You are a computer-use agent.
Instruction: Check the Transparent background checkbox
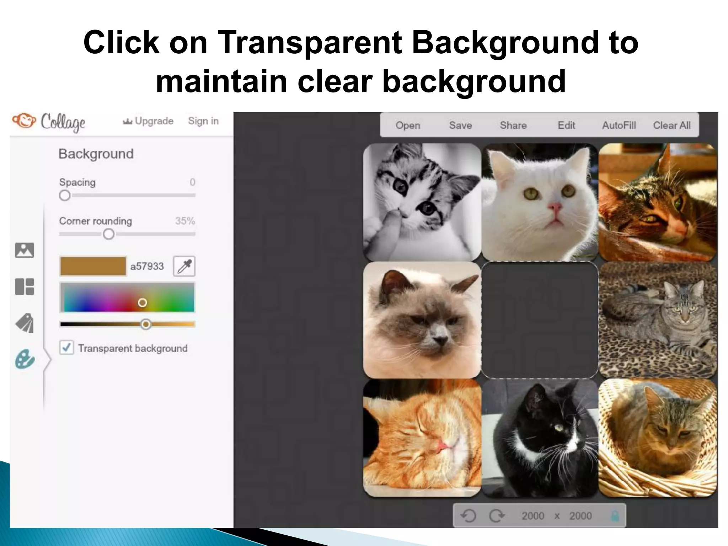tap(67, 348)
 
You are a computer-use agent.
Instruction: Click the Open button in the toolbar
tap(408, 125)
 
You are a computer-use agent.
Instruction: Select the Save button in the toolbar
tap(460, 125)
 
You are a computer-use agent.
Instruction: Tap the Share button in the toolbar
tap(513, 125)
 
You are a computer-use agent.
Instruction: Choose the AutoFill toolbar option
tap(619, 125)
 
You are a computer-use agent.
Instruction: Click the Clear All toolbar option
tap(671, 125)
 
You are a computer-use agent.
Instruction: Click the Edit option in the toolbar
tap(566, 125)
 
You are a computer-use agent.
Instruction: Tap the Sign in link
tap(203, 121)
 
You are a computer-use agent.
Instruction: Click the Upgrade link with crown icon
tap(148, 121)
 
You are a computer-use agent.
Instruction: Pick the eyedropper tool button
tap(184, 266)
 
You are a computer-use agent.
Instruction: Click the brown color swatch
tap(93, 266)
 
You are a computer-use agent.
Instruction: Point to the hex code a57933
tap(147, 266)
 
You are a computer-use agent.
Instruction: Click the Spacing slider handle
tap(65, 195)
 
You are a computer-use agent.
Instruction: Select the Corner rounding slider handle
tap(108, 234)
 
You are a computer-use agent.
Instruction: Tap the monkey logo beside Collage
tap(24, 121)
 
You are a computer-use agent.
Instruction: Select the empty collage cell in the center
tap(540, 320)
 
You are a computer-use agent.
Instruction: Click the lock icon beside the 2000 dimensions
tap(615, 516)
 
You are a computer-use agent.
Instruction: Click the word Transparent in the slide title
tap(309, 43)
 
